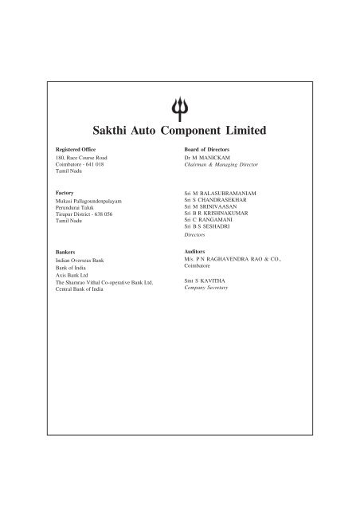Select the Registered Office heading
coord(76,150)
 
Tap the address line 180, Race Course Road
coord(82,159)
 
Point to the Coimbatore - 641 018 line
coord(80,166)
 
